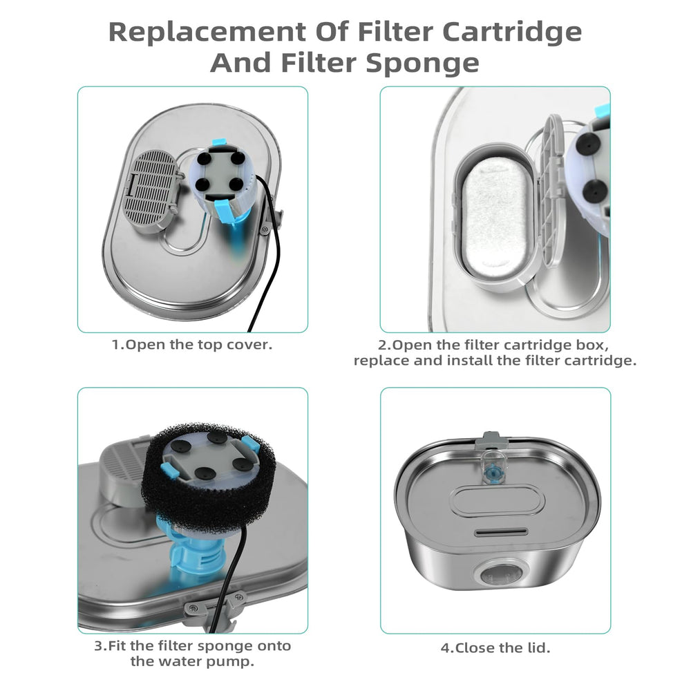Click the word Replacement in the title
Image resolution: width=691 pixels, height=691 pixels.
[207, 32]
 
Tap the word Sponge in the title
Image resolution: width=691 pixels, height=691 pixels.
[423, 63]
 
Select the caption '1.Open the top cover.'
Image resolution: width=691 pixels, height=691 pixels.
[191, 345]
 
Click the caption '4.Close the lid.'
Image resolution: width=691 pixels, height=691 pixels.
[495, 648]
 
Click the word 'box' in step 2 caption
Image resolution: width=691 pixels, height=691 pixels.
[592, 345]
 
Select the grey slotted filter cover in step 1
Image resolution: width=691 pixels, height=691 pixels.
[151, 187]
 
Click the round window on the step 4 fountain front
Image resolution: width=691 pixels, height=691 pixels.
[500, 575]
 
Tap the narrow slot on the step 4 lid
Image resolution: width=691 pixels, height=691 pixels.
[500, 532]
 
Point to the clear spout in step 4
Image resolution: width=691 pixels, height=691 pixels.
[493, 466]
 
